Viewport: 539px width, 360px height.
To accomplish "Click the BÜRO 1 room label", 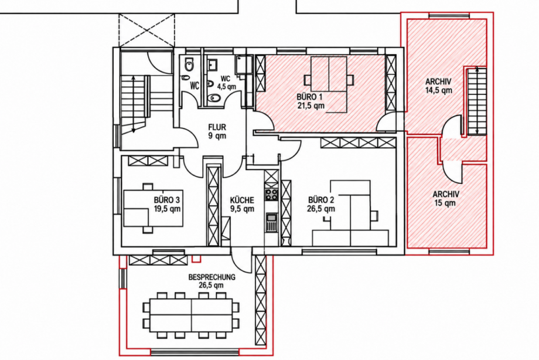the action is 311,101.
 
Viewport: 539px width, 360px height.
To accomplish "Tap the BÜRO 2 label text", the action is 321,204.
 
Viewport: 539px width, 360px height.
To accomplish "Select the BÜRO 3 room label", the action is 167,204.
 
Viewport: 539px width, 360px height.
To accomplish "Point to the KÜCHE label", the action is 242,204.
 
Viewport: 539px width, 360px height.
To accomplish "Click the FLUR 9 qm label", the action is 217,131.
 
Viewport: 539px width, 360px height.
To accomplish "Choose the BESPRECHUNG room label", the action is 211,281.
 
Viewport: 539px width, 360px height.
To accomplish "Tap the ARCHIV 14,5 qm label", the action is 438,86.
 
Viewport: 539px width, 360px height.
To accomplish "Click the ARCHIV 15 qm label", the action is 445,199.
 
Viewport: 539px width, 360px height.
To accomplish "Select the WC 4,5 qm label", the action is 226,83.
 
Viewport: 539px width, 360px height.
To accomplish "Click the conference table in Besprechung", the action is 192,315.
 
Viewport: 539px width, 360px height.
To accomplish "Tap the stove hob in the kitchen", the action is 271,195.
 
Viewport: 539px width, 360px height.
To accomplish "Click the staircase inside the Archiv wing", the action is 477,101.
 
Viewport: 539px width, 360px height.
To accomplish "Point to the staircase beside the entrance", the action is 134,105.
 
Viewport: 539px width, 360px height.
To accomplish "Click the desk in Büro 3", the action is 153,208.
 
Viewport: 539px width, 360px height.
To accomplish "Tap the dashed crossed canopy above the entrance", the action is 146,30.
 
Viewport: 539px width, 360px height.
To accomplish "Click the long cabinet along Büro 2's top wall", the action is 357,143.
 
